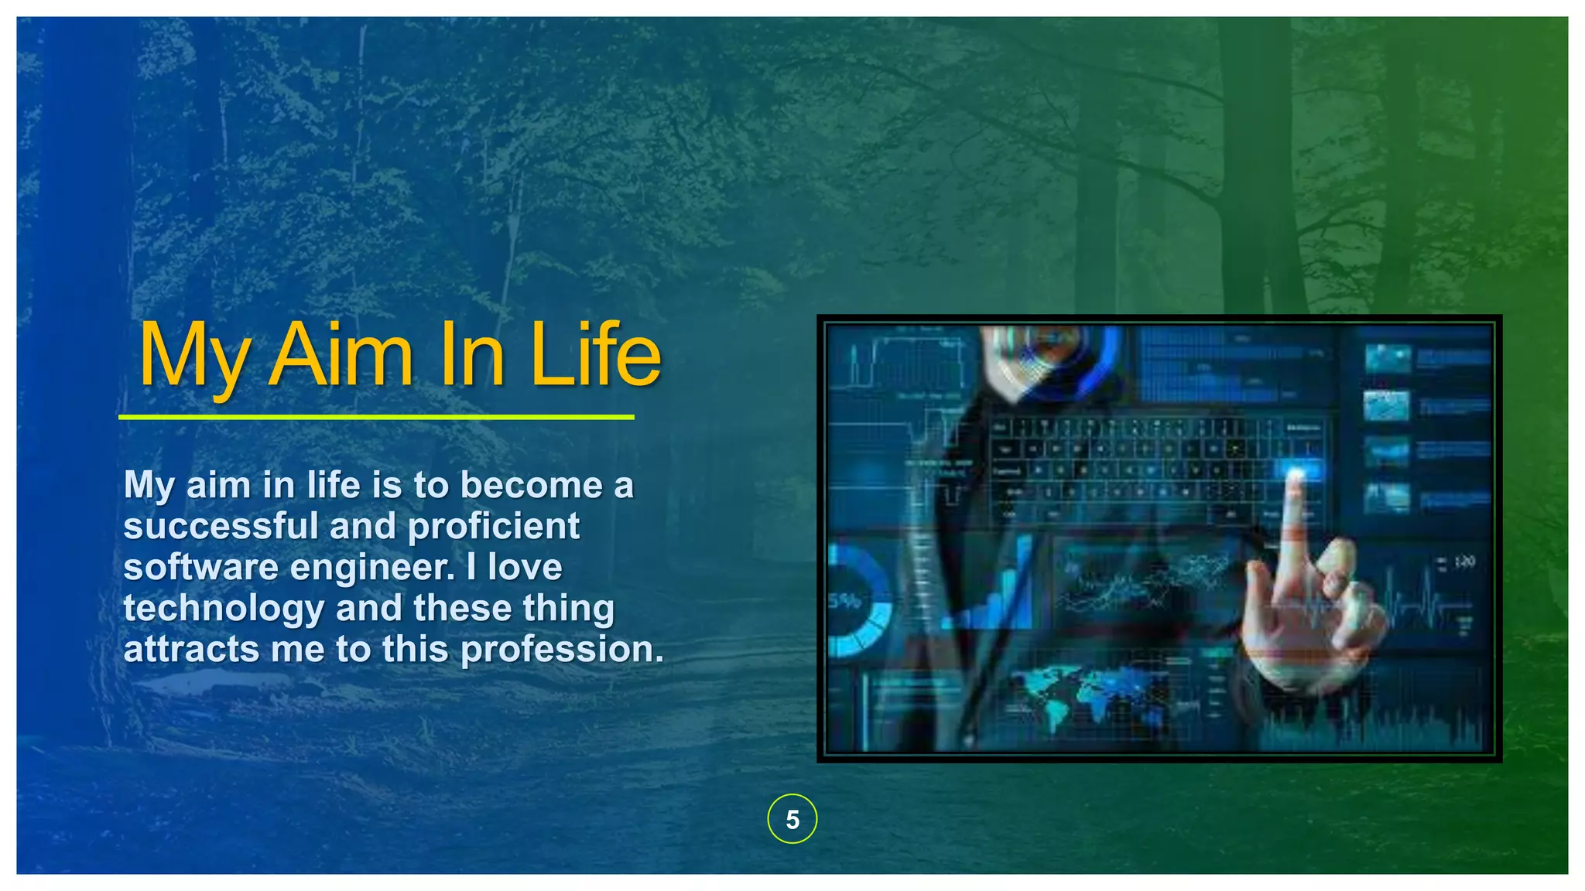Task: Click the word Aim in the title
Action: click(341, 356)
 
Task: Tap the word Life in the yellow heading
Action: click(595, 356)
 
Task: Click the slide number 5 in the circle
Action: click(792, 819)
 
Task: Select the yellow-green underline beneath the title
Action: click(376, 417)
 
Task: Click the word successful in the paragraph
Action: click(221, 527)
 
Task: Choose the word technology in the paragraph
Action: click(224, 609)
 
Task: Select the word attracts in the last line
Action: click(190, 650)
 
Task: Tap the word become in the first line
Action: click(531, 486)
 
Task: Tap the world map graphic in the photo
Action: click(1083, 696)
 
